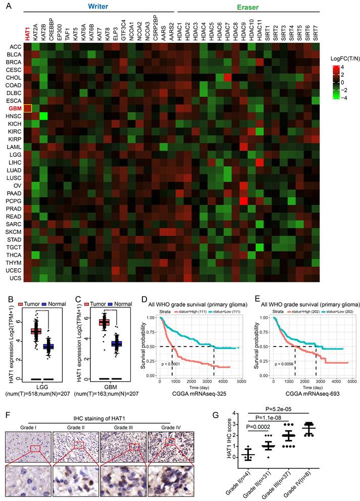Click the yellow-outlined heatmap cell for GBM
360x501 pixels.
(x=28, y=108)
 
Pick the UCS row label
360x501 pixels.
(x=15, y=277)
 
